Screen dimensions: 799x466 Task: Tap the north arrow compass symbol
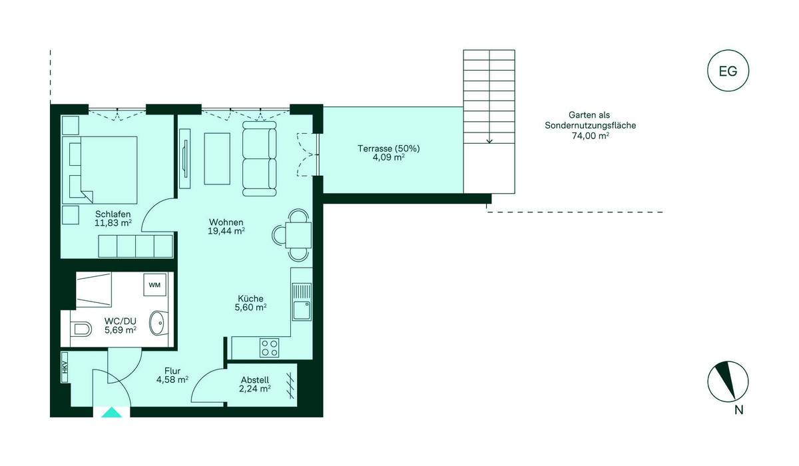[x=728, y=382]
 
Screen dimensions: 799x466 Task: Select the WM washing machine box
[x=154, y=285]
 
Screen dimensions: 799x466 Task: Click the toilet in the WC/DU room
[x=81, y=329]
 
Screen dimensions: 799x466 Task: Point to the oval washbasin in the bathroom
[x=158, y=324]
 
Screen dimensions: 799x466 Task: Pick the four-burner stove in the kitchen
[x=269, y=348]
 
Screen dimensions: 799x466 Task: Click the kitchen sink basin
[x=302, y=311]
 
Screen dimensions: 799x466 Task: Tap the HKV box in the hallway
[x=65, y=367]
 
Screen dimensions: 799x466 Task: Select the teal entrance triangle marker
[x=112, y=412]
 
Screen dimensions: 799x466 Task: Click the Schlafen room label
[x=113, y=214]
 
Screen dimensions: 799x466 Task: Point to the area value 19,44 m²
[x=226, y=231]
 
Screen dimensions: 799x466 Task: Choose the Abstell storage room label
[x=254, y=380]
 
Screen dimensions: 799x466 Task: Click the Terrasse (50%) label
[x=389, y=148]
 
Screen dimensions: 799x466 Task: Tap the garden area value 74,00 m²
[x=591, y=136]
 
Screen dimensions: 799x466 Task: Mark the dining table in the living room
[x=298, y=235]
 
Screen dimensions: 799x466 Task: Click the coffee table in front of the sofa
[x=217, y=158]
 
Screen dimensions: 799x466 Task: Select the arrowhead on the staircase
[x=489, y=141]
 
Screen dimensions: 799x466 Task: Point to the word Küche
[x=251, y=298]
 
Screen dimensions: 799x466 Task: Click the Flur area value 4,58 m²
[x=172, y=379]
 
